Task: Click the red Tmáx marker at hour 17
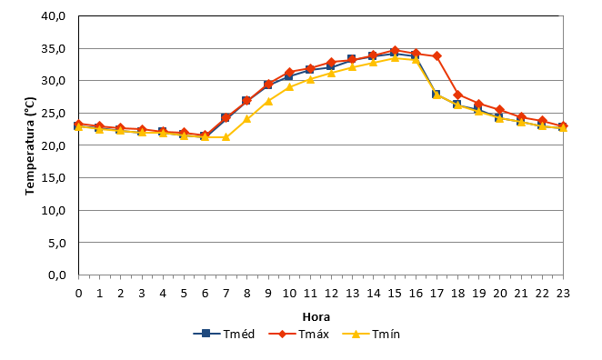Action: [436, 56]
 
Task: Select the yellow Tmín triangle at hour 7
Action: [226, 137]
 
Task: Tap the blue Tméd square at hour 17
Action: [436, 94]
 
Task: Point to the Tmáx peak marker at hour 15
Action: [395, 50]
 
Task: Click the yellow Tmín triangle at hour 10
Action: [289, 87]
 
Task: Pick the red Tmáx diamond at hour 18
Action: [457, 95]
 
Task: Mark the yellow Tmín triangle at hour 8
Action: [246, 119]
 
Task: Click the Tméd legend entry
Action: [224, 334]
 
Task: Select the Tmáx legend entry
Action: [298, 334]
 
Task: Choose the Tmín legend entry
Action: [371, 334]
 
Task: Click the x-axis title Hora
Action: [316, 317]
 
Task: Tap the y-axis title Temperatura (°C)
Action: [30, 145]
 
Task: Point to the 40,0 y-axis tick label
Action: [54, 16]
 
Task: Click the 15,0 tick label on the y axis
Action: [54, 178]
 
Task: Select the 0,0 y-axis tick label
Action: [56, 275]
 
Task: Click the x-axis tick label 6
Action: [205, 294]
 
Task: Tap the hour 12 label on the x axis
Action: [331, 294]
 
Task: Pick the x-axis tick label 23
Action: [563, 294]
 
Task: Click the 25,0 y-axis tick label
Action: [54, 114]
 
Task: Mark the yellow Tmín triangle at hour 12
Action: [331, 73]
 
